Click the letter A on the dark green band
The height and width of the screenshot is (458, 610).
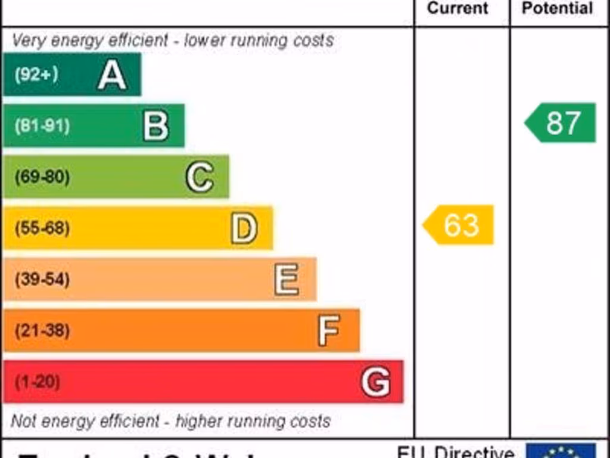112,75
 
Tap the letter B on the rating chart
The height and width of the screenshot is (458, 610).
156,126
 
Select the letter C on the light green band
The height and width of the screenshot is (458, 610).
200,177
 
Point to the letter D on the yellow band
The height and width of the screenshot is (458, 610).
244,228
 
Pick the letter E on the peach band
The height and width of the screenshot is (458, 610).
287,280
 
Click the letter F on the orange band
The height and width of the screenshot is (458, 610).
329,330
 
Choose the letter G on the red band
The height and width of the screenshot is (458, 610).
376,382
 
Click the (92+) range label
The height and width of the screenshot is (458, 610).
36,75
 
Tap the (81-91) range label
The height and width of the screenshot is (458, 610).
42,126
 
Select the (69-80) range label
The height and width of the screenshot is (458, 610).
42,177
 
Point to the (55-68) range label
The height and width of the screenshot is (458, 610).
42,228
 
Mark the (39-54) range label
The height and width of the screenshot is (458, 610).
42,280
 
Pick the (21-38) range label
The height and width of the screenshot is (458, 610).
42,330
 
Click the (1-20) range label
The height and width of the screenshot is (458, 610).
37,382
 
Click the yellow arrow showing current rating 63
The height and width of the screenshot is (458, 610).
459,225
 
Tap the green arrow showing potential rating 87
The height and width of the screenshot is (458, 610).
561,123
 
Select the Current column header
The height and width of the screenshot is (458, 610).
457,8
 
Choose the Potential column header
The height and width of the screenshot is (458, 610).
557,8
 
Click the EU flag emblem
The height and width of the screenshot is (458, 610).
561,451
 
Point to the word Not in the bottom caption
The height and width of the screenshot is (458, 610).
23,421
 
